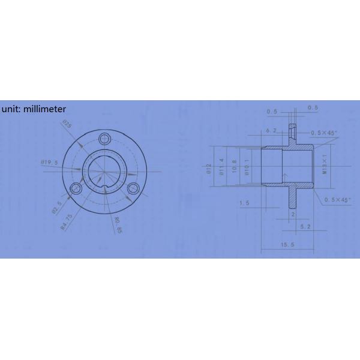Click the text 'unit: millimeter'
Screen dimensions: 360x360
point(34,109)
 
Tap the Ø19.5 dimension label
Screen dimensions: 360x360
point(49,163)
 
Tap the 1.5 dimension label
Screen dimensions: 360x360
point(244,203)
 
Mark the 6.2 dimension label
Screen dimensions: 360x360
point(270,130)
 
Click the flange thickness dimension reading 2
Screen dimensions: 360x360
point(292,213)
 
